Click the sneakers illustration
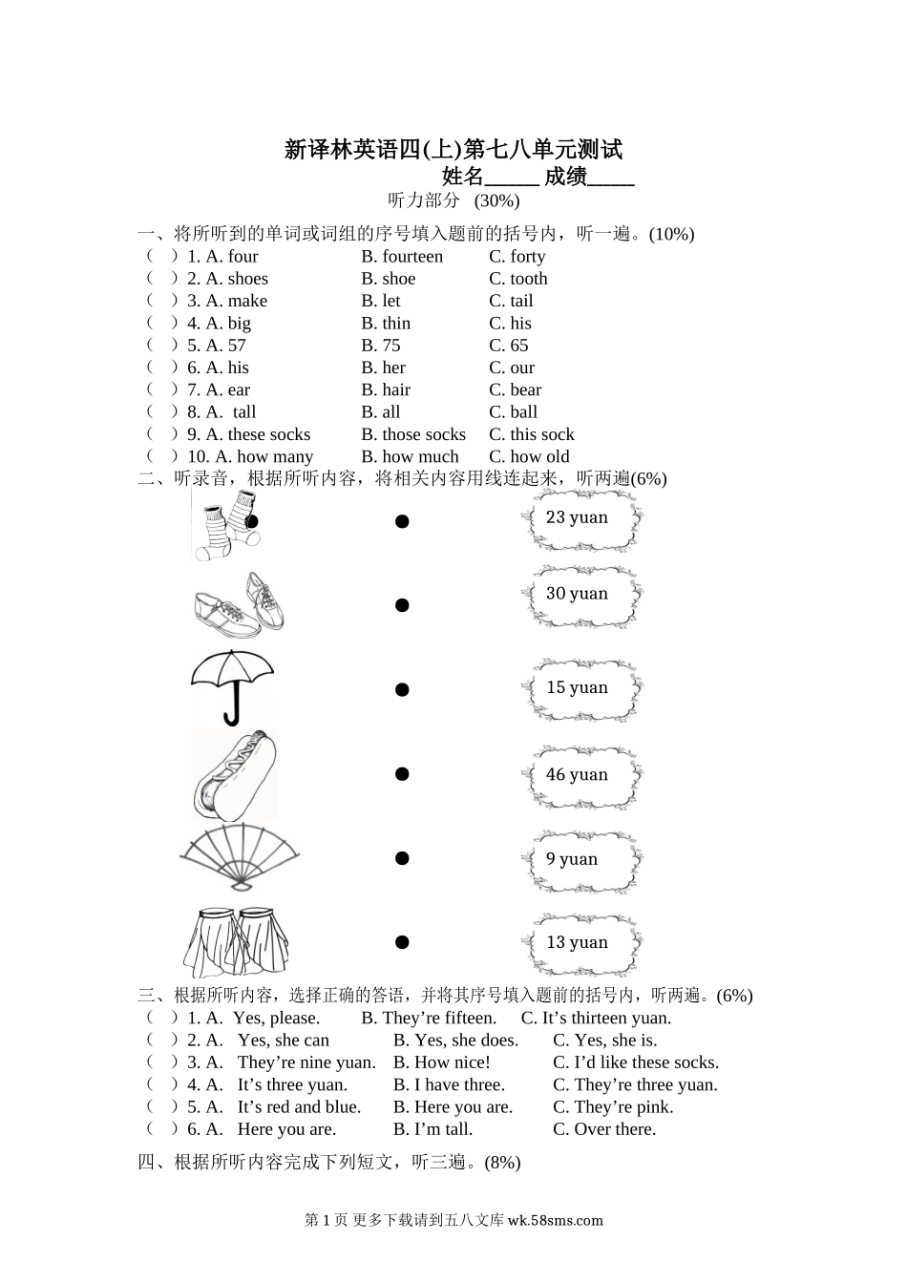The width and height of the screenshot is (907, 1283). pyautogui.click(x=239, y=605)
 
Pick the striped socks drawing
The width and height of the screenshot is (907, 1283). pyautogui.click(x=226, y=525)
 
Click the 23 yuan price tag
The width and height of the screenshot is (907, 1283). pyautogui.click(x=579, y=518)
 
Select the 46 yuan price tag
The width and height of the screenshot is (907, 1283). pyautogui.click(x=579, y=775)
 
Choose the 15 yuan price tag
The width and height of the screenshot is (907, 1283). pyautogui.click(x=579, y=688)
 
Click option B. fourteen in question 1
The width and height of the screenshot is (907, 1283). pyautogui.click(x=402, y=257)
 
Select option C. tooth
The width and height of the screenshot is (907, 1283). pyautogui.click(x=518, y=279)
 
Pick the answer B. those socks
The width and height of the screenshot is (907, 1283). pyautogui.click(x=413, y=434)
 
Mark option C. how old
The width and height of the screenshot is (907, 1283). pyautogui.click(x=529, y=456)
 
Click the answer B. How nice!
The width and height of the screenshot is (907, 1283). pyautogui.click(x=442, y=1062)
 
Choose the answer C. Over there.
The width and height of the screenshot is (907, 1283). pyautogui.click(x=604, y=1129)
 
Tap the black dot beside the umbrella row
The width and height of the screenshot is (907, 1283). pyautogui.click(x=402, y=689)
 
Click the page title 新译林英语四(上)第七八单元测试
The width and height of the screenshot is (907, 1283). pyautogui.click(x=453, y=150)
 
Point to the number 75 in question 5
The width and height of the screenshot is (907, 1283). pyautogui.click(x=390, y=346)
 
